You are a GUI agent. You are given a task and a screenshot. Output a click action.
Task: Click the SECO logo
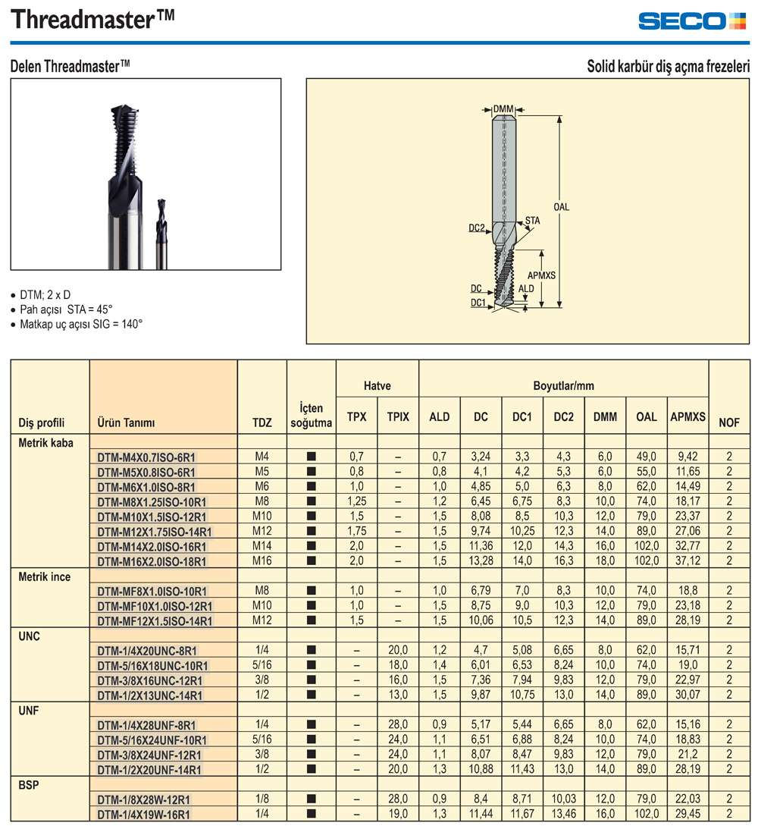692,20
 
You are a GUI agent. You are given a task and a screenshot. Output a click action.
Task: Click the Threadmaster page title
92,19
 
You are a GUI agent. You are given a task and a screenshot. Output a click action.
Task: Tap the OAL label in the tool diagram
561,207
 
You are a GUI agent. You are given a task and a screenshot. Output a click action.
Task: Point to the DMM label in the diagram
503,109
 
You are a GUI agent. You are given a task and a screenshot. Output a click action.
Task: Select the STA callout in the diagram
532,221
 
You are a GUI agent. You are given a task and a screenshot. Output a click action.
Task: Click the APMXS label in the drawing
541,275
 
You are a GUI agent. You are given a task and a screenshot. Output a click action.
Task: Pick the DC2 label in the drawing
477,228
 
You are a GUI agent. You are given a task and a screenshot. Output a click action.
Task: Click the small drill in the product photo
161,234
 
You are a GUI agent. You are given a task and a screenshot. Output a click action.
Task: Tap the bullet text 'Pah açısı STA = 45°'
66,309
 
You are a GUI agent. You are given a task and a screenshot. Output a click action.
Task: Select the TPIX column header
398,416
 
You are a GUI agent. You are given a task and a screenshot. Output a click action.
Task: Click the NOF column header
729,422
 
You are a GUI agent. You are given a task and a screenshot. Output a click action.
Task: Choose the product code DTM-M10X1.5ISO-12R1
152,517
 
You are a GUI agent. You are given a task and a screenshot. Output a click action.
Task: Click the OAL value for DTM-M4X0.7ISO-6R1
646,457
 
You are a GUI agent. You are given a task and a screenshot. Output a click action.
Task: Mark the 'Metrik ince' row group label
45,576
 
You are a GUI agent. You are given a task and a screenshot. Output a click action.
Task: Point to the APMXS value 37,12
688,561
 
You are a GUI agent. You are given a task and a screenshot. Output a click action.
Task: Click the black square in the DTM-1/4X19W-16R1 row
311,814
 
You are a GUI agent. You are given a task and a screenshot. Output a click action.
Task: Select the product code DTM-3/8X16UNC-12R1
149,680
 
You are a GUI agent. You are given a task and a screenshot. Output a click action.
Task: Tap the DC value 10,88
481,769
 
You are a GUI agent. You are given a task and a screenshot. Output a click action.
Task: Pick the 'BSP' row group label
29,785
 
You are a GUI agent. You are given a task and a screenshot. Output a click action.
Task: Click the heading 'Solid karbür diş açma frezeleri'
669,67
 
